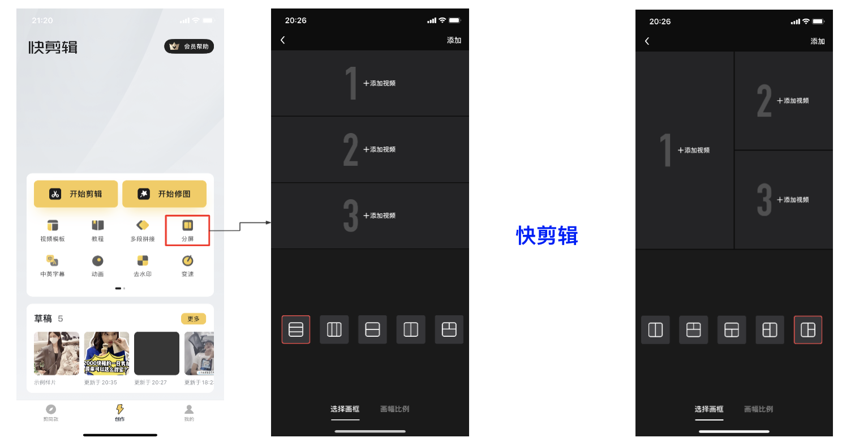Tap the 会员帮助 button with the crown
click(x=189, y=46)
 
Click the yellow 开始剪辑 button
click(x=76, y=194)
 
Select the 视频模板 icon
click(x=53, y=225)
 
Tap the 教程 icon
click(x=98, y=225)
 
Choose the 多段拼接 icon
click(x=143, y=225)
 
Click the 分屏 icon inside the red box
click(x=187, y=225)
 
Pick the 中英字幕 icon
click(x=53, y=260)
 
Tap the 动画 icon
click(x=98, y=260)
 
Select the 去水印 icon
click(x=143, y=260)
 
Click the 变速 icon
click(x=187, y=260)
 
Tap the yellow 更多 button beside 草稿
click(x=194, y=319)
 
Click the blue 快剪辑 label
click(x=547, y=235)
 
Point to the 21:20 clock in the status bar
click(x=42, y=20)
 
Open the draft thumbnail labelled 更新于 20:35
click(x=106, y=353)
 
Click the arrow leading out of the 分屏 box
click(x=240, y=226)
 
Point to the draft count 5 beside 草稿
click(x=61, y=319)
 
